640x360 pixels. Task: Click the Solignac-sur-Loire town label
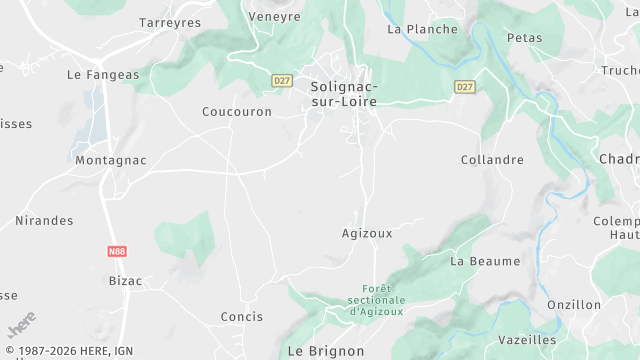pyautogui.click(x=344, y=94)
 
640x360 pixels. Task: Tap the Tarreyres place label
pyautogui.click(x=170, y=22)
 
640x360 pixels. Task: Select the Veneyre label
pyautogui.click(x=274, y=17)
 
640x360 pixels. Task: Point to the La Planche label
pyautogui.click(x=422, y=29)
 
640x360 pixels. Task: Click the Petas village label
pyautogui.click(x=525, y=38)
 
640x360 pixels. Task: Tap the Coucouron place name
pyautogui.click(x=237, y=112)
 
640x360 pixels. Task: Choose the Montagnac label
pyautogui.click(x=111, y=160)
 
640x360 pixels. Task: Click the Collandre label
pyautogui.click(x=492, y=160)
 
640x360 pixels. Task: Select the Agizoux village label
pyautogui.click(x=367, y=233)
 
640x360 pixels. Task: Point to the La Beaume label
pyautogui.click(x=485, y=261)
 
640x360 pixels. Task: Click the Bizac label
pyautogui.click(x=125, y=281)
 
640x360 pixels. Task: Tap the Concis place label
pyautogui.click(x=242, y=317)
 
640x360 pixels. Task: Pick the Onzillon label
pyautogui.click(x=574, y=305)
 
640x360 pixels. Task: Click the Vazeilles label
pyautogui.click(x=527, y=340)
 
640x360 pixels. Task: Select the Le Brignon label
pyautogui.click(x=326, y=352)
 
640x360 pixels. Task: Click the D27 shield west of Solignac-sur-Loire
pyautogui.click(x=282, y=79)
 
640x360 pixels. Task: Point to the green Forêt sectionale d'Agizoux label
pyautogui.click(x=378, y=300)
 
